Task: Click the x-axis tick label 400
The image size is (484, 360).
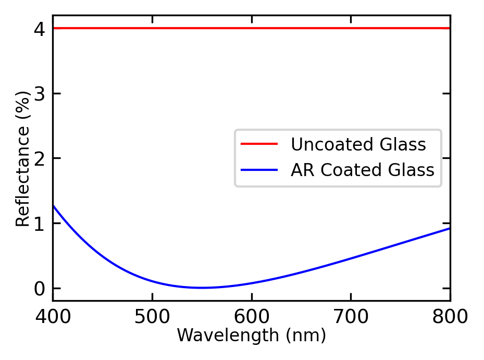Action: pos(53,317)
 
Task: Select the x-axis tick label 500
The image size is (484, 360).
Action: pos(152,317)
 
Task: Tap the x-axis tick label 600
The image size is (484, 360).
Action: pos(252,317)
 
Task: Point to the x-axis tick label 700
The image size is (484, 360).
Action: pos(351,317)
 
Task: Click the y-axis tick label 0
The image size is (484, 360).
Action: pos(41,288)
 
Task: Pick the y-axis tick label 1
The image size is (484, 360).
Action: pos(41,224)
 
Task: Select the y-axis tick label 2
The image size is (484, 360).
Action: pos(41,158)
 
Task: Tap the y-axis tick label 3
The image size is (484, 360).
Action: pos(41,94)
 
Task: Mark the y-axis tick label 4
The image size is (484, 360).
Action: pos(41,29)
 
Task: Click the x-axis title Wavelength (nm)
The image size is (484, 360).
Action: pos(252,336)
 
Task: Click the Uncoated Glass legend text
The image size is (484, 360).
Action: pos(358,144)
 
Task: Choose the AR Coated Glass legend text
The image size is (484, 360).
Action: pos(363,170)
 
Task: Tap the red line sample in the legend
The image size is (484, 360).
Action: pos(259,144)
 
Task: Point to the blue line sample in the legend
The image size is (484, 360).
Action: pos(259,170)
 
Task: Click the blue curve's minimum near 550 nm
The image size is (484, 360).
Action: pos(202,288)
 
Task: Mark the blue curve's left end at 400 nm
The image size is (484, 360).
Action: pos(54,206)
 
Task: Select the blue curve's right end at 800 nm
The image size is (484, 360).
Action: pos(450,228)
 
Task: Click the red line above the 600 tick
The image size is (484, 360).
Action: pos(252,28)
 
